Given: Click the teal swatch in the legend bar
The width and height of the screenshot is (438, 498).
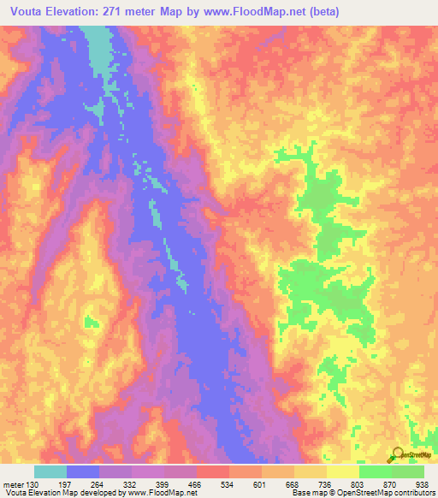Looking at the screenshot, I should click(x=50, y=471).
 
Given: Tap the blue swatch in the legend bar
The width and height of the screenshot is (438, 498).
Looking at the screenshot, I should click(x=83, y=471).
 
